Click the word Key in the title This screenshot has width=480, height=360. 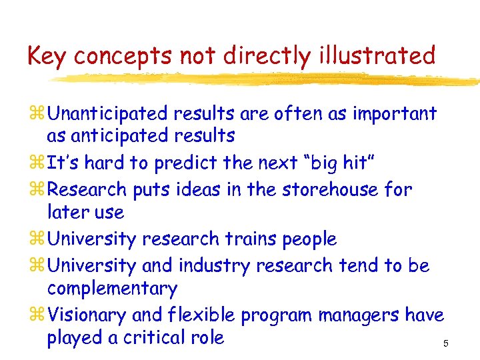[47, 56]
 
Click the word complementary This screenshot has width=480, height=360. [112, 289]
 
